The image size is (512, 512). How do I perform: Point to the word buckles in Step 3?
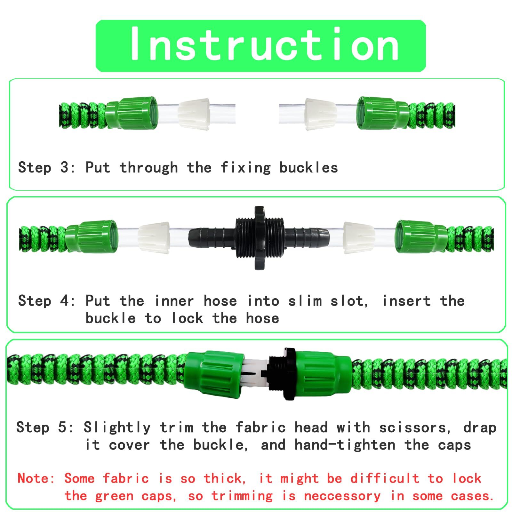(308, 168)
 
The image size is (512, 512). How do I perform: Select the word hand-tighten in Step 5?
(345, 445)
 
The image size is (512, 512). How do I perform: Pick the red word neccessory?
(342, 496)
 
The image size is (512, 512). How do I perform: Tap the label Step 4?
(47, 301)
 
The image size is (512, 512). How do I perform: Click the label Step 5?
(45, 428)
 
